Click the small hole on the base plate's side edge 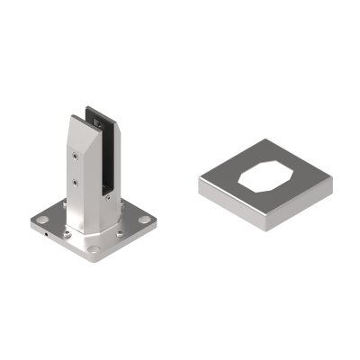(46, 235)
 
